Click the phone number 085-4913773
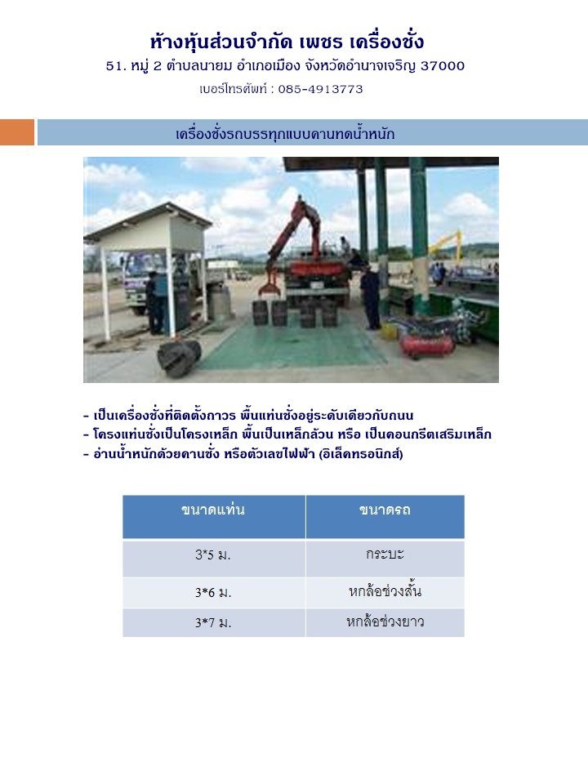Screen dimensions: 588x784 320,89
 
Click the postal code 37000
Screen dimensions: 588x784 443,65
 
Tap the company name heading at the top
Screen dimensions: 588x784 287,42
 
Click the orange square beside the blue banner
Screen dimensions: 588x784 17,132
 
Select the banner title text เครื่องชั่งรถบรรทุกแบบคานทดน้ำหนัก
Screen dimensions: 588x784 285,134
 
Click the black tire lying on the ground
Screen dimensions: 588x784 179,357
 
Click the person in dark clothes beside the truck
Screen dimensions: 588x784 371,298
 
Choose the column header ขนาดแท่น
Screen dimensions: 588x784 213,510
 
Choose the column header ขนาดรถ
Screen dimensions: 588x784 385,510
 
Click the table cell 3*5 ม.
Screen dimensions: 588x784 213,555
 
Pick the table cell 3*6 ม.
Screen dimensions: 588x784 213,593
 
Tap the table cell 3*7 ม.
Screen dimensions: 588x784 213,622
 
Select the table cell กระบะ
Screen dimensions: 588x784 385,554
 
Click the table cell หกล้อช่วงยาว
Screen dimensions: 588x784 385,621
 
